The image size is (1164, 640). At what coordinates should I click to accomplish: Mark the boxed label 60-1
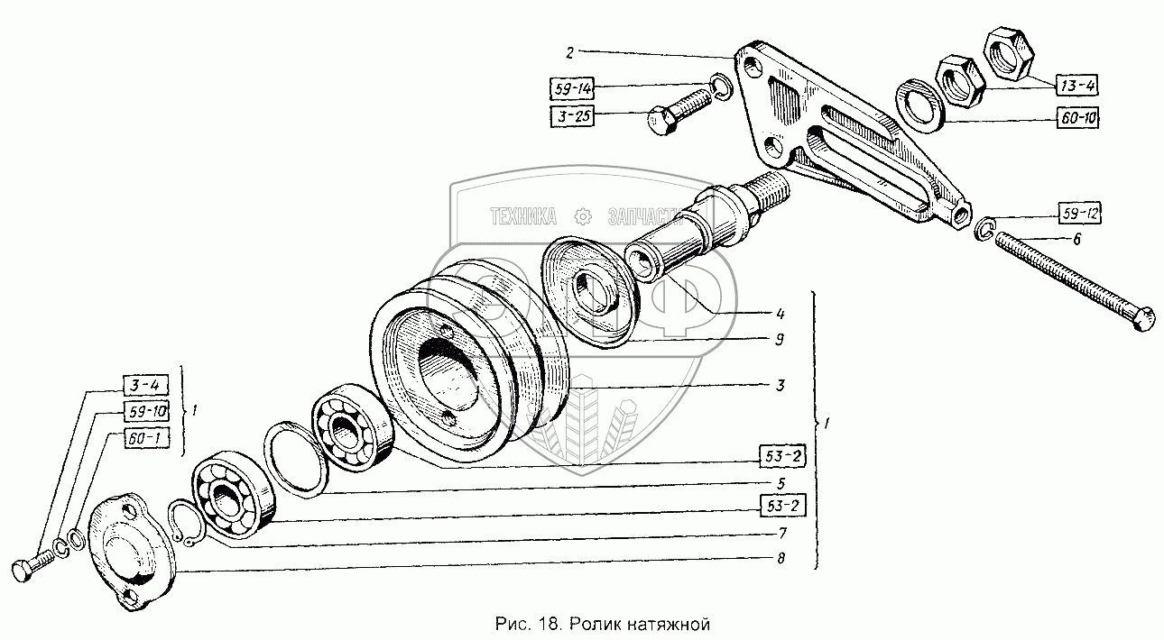143,438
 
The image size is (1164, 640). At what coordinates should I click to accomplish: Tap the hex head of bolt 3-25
661,121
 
